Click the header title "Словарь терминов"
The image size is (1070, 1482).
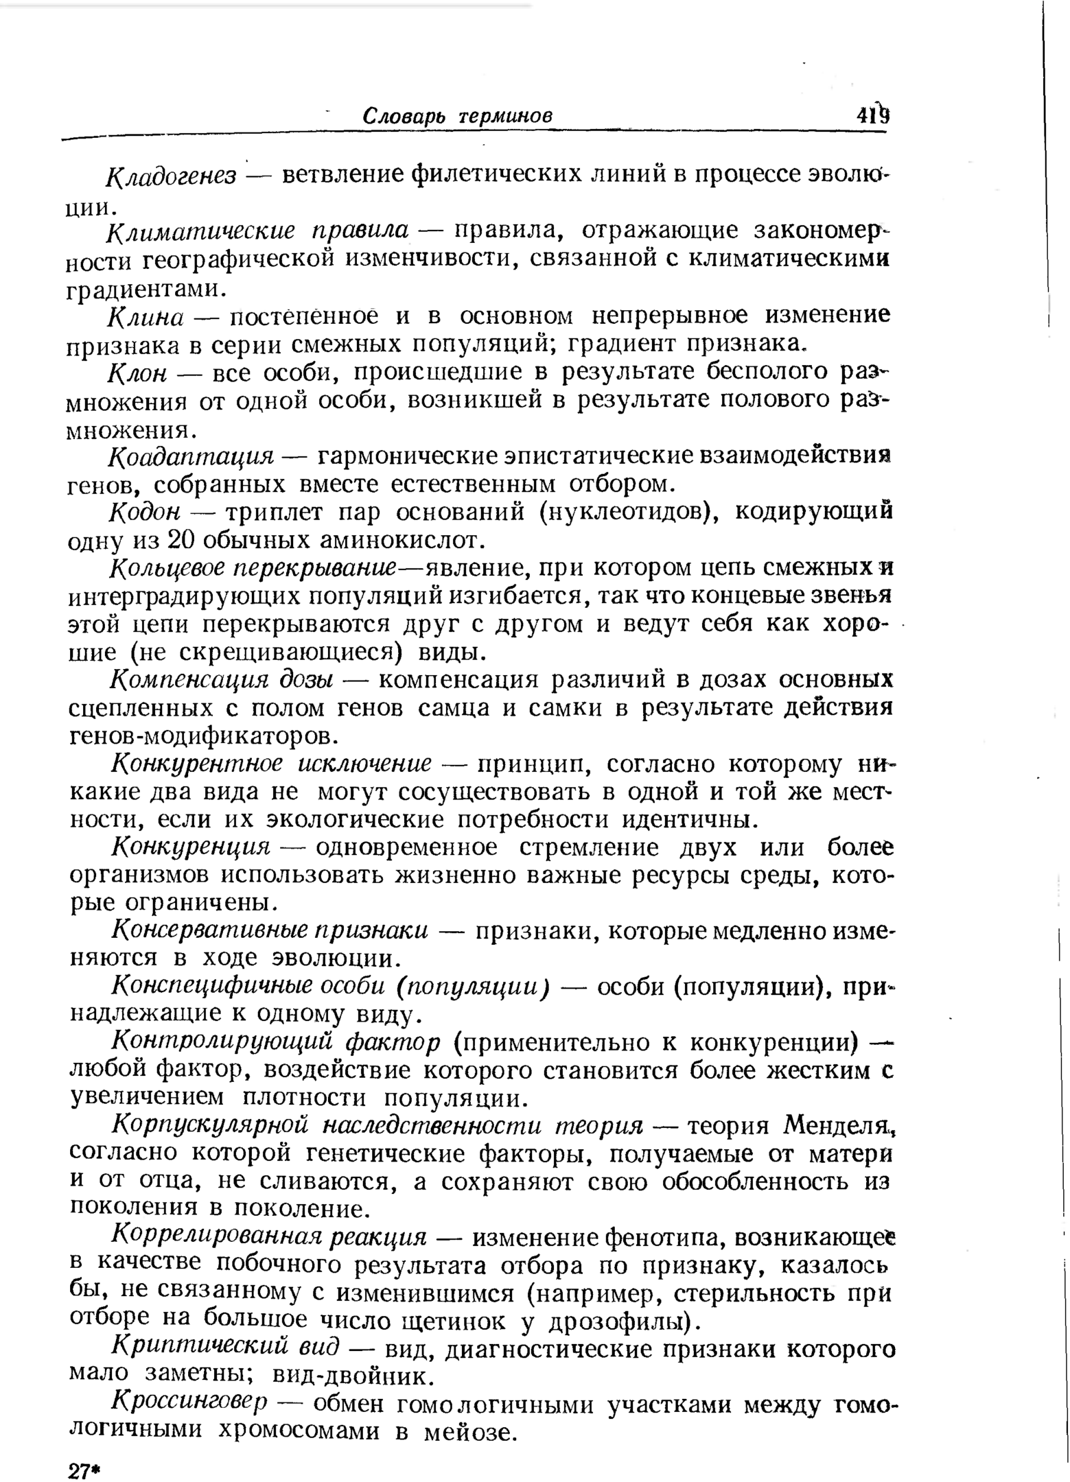(x=457, y=115)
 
